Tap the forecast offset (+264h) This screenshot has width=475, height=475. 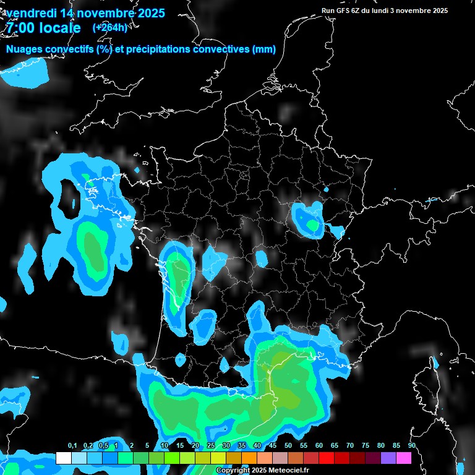click(x=109, y=27)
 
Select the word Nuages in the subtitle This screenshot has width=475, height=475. click(x=24, y=49)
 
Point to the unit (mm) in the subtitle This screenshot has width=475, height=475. click(x=264, y=49)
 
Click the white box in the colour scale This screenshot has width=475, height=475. click(x=63, y=458)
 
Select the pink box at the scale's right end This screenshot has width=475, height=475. click(x=404, y=458)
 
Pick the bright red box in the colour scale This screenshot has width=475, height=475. click(x=327, y=458)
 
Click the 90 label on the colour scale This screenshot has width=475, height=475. click(x=412, y=446)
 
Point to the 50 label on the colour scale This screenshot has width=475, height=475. click(x=288, y=446)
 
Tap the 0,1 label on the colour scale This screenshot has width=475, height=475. click(x=72, y=446)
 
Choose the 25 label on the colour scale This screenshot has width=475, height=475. click(x=211, y=446)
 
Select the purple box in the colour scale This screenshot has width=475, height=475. click(x=388, y=458)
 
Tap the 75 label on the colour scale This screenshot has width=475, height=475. click(x=366, y=446)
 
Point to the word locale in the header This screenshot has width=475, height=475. click(x=60, y=28)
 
